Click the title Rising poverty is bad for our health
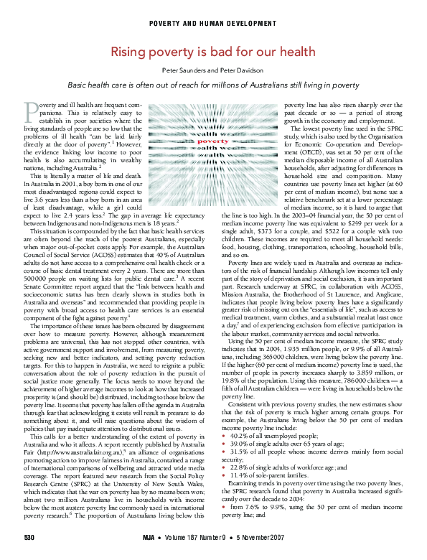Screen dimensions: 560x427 click(213, 52)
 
